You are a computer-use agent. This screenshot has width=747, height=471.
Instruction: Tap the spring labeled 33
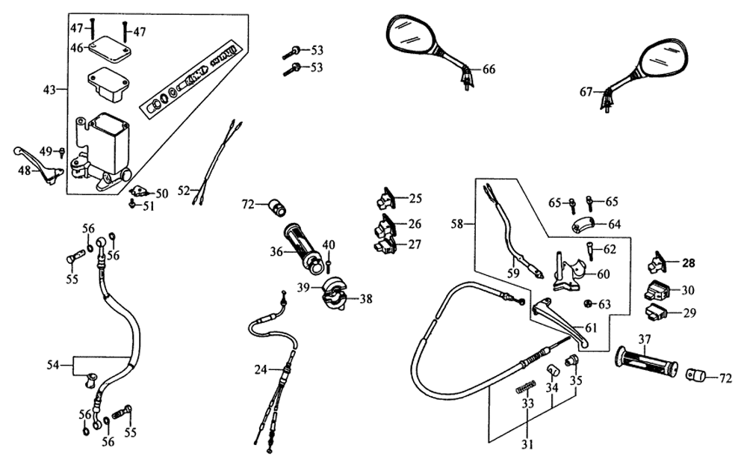click(x=527, y=388)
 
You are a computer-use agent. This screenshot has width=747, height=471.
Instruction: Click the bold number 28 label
click(x=687, y=262)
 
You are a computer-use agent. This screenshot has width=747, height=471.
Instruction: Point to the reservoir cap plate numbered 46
click(x=110, y=49)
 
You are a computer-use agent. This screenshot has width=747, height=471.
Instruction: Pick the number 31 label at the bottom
click(x=527, y=446)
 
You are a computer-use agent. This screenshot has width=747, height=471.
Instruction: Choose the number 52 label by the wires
click(x=184, y=191)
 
